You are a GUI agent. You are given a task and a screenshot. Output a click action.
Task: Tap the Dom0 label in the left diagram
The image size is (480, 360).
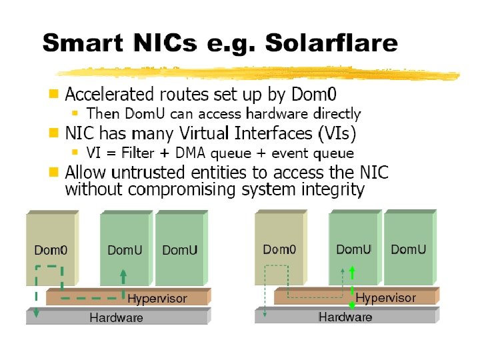click(51, 251)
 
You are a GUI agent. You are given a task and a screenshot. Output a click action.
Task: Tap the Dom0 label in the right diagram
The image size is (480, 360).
click(279, 250)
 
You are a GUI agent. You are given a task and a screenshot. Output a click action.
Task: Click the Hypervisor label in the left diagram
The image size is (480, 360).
click(157, 298)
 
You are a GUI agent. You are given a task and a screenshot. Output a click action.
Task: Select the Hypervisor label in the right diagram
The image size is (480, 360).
click(385, 297)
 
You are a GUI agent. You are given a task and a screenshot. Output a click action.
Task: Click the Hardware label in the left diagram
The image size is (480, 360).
click(116, 318)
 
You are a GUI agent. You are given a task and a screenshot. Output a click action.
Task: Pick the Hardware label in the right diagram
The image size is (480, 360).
click(345, 317)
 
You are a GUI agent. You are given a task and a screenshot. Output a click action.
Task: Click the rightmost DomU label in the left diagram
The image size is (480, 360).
click(180, 251)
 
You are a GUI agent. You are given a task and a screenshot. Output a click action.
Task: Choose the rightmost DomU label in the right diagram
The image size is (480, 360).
click(408, 249)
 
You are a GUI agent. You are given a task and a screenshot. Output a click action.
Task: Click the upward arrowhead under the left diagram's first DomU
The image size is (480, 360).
click(123, 273)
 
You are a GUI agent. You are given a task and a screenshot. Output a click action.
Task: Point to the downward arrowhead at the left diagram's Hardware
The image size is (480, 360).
click(36, 313)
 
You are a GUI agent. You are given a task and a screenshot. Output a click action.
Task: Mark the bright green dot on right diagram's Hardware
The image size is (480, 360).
click(353, 306)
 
